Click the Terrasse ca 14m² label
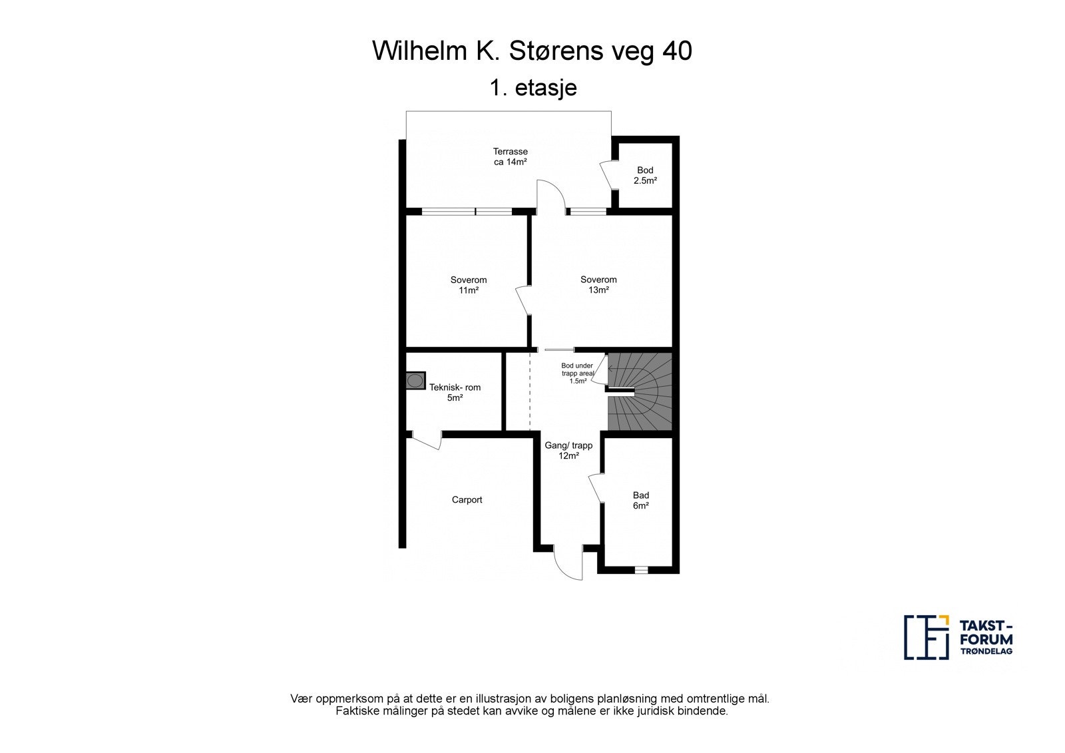510,156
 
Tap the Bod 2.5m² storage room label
645,175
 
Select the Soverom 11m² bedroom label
469,285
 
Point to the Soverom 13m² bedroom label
598,284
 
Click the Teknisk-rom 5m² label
455,392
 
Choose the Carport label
467,499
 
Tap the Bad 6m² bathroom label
641,501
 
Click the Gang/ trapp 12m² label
568,451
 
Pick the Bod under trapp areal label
578,374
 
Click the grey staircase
640,392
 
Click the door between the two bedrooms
523,300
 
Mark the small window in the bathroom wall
642,570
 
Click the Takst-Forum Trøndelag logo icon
927,637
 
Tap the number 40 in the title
677,51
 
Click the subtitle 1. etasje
533,88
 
